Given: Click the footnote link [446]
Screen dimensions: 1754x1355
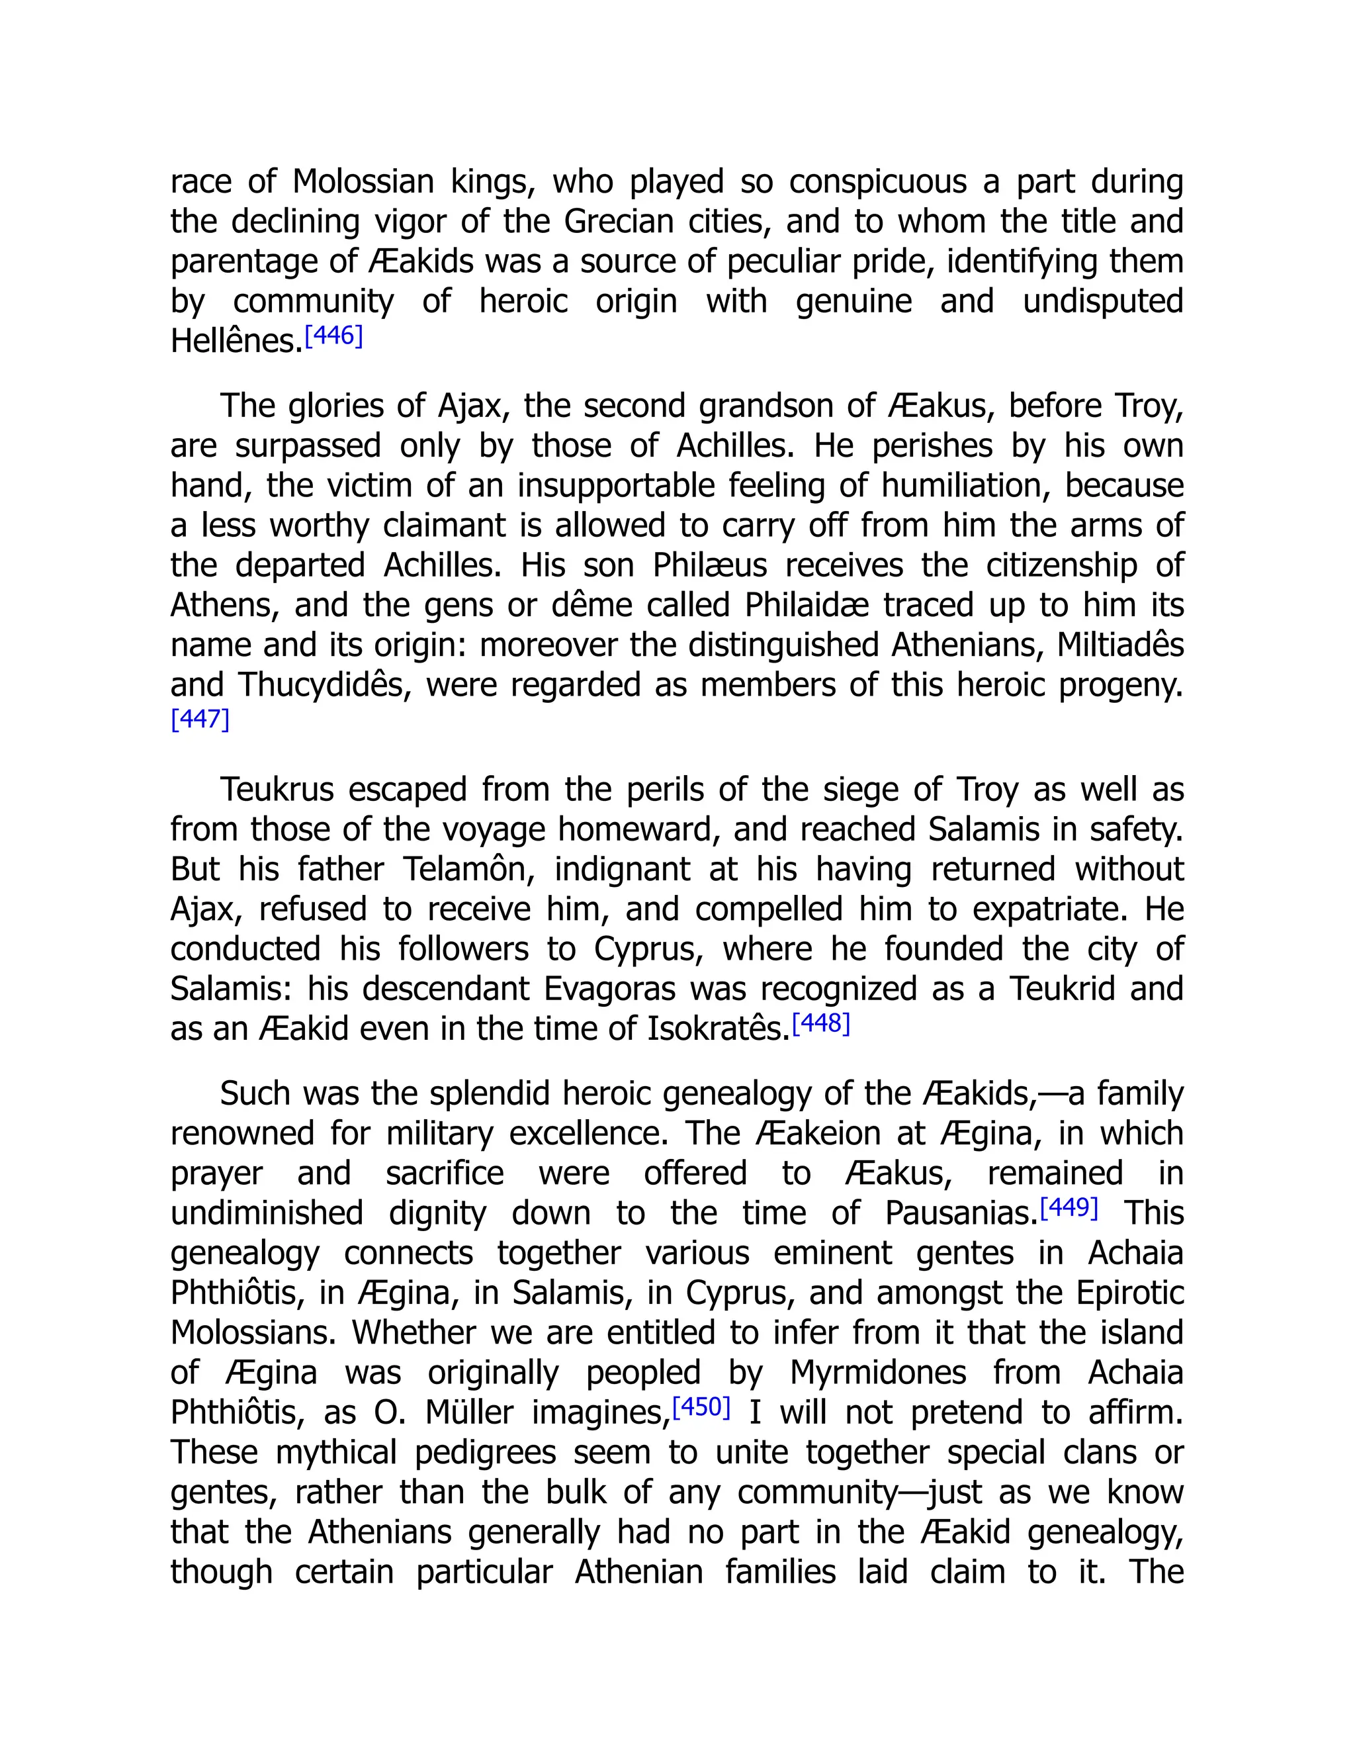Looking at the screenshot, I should point(334,336).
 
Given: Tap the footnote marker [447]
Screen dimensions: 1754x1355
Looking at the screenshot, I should point(200,719).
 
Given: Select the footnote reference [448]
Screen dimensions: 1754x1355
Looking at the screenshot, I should point(820,1023).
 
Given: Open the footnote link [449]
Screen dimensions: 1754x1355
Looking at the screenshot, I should point(1069,1207).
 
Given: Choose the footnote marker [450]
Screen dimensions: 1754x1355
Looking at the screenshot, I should point(701,1407).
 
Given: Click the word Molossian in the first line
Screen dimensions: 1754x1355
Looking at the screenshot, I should point(363,182).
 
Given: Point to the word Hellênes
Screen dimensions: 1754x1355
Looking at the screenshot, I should point(236,342).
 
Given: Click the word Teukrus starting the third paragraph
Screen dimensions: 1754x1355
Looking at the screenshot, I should point(276,790).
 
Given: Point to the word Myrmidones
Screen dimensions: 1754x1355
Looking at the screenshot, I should point(877,1373).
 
